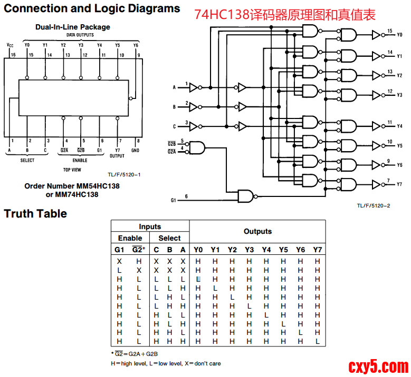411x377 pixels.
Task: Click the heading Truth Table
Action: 35,214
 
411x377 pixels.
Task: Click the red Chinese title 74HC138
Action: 285,14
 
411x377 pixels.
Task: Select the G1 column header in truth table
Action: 120,250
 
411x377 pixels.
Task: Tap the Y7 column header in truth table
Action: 317,250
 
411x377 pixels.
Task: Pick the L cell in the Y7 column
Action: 317,341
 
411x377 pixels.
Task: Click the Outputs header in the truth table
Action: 257,231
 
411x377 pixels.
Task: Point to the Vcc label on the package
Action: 11,45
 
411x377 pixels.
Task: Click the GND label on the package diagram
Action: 135,150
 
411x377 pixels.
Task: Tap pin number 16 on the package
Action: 13,55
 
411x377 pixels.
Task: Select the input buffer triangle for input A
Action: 194,87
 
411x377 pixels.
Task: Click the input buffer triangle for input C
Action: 194,126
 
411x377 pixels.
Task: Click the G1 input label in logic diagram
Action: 174,200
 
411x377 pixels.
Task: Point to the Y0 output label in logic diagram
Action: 399,35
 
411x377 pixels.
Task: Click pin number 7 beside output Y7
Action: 389,181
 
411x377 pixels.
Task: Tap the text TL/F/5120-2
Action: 374,205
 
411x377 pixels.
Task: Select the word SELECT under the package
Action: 27,160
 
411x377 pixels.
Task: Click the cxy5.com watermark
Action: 379,365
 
